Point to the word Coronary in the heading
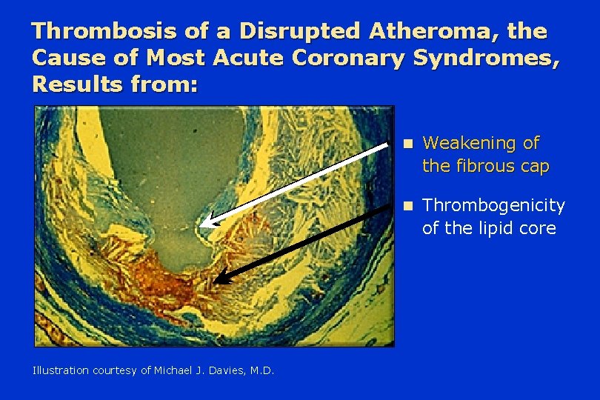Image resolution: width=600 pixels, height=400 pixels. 347,59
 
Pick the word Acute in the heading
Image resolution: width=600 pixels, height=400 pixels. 248,58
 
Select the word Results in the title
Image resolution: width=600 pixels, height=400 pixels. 77,84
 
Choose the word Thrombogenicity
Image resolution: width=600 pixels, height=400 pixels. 493,206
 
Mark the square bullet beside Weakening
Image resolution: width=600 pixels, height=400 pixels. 409,144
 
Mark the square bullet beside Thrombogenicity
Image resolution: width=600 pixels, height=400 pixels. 409,207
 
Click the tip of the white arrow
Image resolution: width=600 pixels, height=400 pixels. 200,225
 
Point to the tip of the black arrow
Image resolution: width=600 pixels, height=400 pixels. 213,283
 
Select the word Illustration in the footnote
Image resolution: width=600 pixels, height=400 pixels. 61,370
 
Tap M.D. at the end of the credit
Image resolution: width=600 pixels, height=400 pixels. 262,370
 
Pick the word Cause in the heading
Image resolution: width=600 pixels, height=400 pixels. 68,58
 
